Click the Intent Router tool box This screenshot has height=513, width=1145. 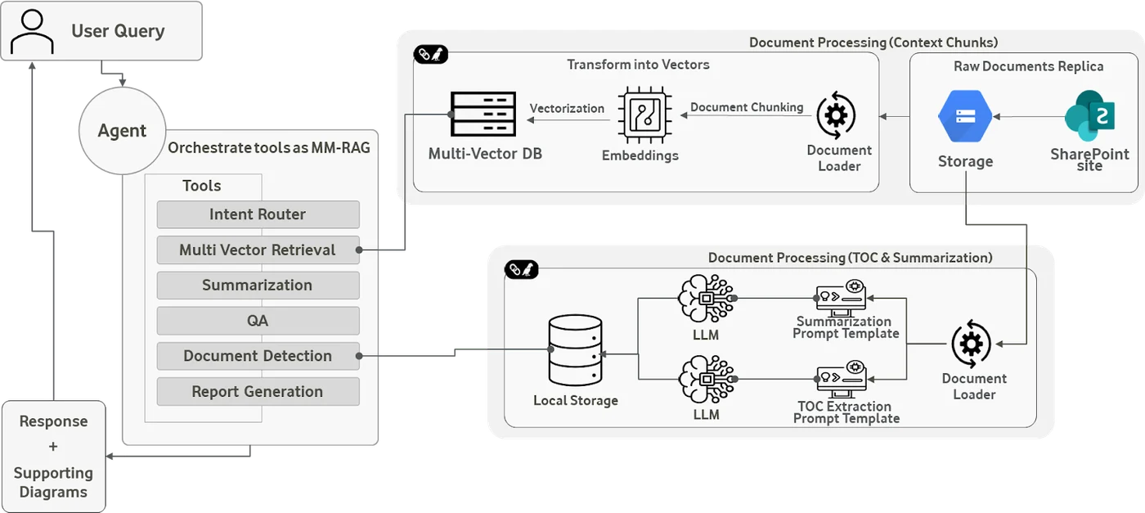pos(258,214)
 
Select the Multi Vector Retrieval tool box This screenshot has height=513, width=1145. pos(258,250)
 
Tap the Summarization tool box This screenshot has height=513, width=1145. pos(258,286)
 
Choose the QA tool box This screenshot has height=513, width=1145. pos(258,321)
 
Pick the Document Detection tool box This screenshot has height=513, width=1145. pos(258,356)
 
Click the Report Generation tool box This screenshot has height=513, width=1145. pos(258,392)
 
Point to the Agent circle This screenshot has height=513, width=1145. pos(122,131)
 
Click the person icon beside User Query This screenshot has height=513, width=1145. pos(32,31)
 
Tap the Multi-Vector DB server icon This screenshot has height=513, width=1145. pos(483,114)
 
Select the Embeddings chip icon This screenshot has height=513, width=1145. pos(645,115)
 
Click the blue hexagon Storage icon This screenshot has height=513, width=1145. pos(965,116)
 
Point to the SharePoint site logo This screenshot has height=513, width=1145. pos(1089,115)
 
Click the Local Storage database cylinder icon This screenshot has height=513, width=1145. pos(575,350)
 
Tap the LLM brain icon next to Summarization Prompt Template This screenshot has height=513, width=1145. pos(707,298)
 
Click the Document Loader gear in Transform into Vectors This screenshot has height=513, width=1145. pos(836,115)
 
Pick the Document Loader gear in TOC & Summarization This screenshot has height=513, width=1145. pos(972,344)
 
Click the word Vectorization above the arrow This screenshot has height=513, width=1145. pos(567,109)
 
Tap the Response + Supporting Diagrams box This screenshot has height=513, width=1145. pos(54,457)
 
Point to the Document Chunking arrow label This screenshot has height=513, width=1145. pos(747,107)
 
